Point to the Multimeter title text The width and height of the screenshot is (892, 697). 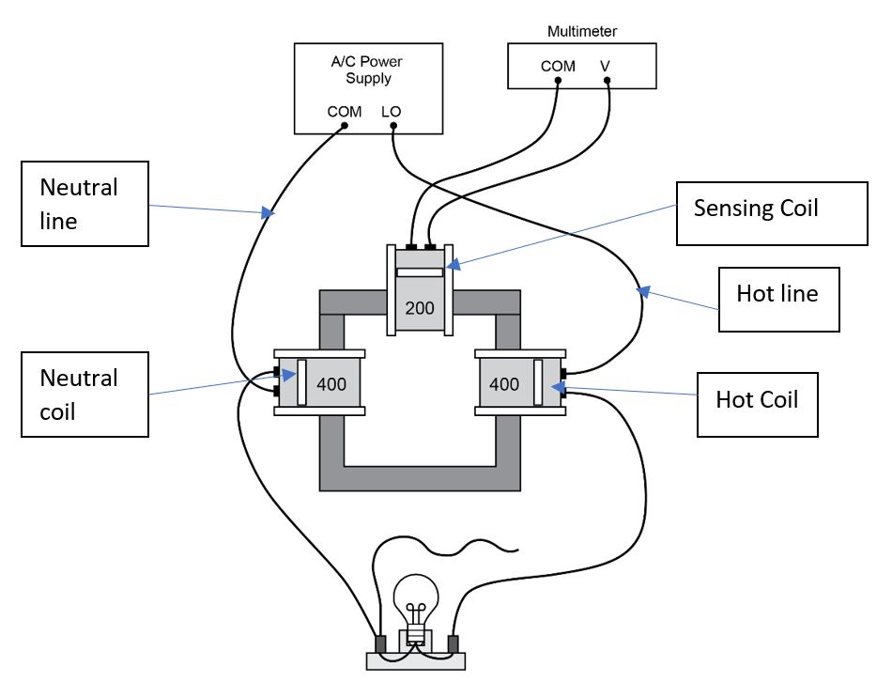[582, 31]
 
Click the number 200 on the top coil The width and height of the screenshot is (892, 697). [420, 307]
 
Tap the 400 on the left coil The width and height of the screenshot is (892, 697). [331, 383]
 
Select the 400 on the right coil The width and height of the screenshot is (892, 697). [503, 383]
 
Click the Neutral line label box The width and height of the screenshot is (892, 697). [84, 203]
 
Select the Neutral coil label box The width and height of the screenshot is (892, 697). [84, 395]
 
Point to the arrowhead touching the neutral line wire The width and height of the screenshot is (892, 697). [269, 215]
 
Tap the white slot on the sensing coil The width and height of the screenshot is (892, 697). [420, 272]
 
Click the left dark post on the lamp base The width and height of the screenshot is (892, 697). [380, 644]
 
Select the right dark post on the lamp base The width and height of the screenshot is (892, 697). [453, 644]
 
